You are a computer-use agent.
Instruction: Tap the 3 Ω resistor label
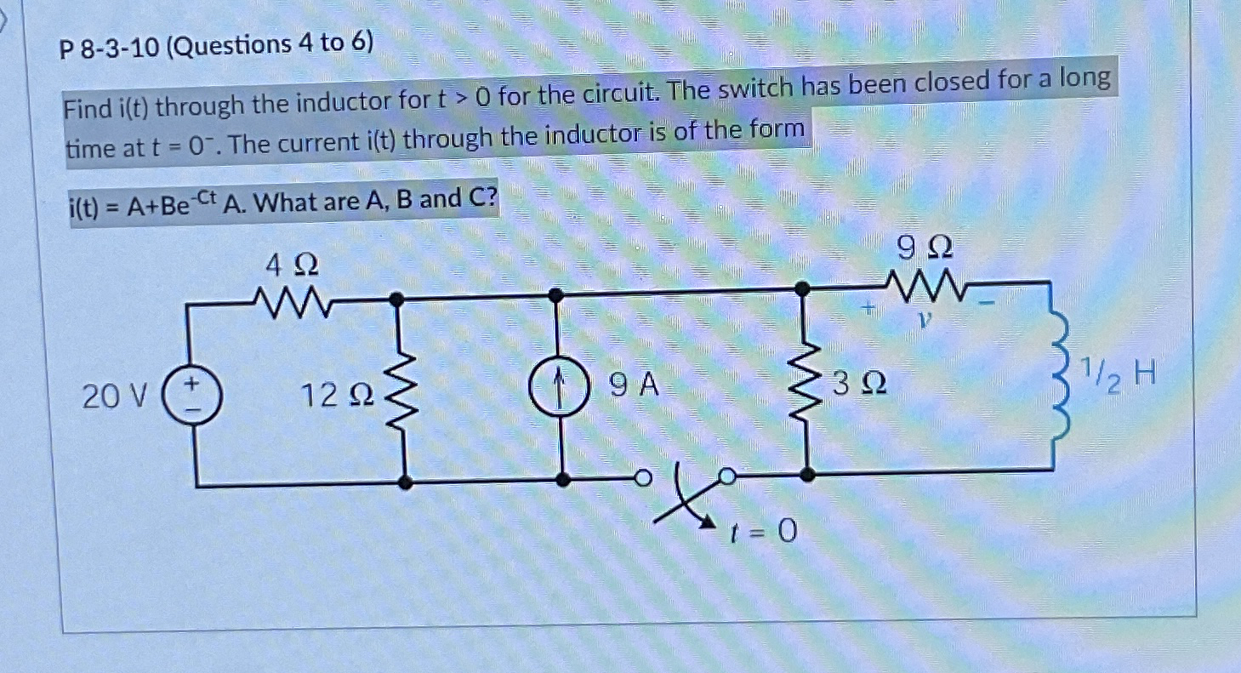[859, 385]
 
